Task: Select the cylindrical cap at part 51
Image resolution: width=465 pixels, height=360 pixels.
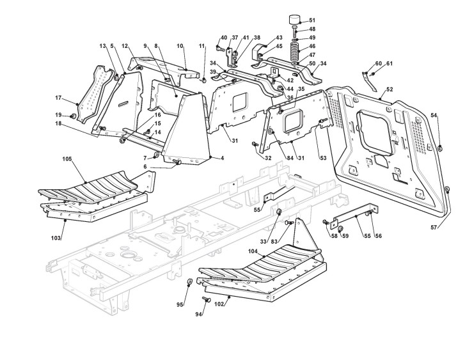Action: tap(295, 19)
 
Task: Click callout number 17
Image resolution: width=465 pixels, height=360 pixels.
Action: tap(58, 98)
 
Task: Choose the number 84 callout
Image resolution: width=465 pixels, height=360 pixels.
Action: tap(272, 159)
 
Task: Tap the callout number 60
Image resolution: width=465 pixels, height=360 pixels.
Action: tap(378, 63)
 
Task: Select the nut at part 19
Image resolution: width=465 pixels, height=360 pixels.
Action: tap(72, 115)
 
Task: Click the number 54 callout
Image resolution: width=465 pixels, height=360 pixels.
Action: tap(434, 115)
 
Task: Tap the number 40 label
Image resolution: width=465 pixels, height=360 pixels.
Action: tap(224, 37)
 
